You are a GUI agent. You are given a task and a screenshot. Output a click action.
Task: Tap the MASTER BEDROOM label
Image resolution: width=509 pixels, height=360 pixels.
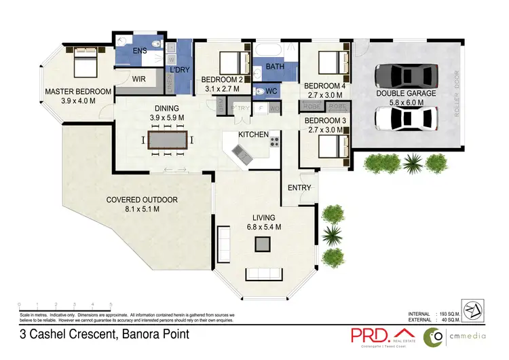(78, 92)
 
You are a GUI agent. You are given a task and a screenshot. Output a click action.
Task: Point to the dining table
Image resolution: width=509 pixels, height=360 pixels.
(168, 141)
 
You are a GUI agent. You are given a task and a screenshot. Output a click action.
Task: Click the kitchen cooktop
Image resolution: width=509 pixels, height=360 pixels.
(275, 142)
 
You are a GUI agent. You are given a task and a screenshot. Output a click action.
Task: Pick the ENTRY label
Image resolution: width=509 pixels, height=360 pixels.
(299, 188)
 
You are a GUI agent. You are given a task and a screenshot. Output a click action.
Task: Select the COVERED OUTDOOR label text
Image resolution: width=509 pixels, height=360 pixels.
(142, 200)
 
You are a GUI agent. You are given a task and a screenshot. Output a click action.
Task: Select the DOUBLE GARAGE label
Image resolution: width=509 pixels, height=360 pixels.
(407, 94)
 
